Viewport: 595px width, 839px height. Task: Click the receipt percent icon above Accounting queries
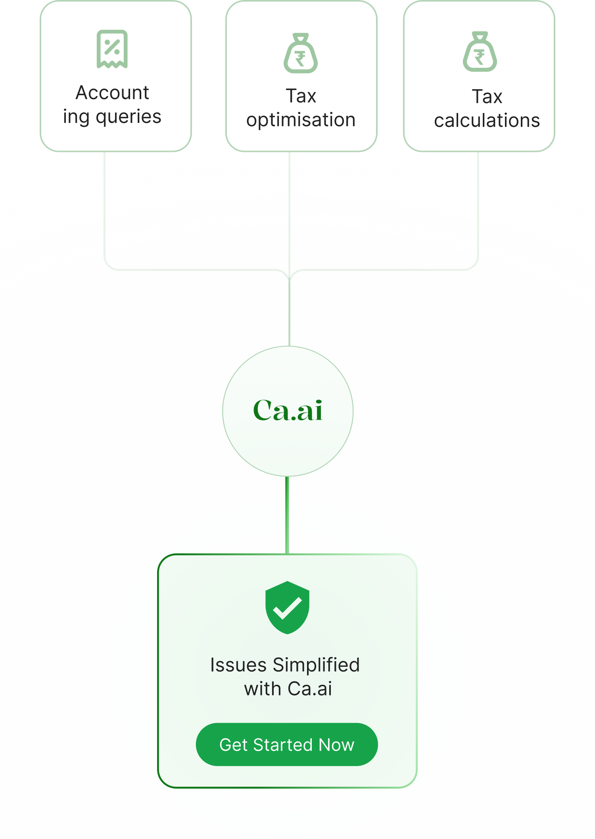(112, 49)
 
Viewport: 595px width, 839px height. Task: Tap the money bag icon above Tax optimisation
(301, 54)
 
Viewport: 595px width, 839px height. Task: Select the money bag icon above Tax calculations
(480, 52)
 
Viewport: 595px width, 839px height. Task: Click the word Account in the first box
(112, 93)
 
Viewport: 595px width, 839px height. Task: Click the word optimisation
(301, 120)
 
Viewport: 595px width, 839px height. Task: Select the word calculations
(487, 121)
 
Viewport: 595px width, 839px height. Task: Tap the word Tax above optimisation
(301, 96)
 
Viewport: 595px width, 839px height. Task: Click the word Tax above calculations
(487, 97)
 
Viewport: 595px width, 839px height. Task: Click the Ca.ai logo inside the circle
(288, 411)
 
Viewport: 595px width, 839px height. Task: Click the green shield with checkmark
(287, 607)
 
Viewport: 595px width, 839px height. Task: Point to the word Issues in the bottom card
(238, 665)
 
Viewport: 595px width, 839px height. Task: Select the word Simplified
(316, 665)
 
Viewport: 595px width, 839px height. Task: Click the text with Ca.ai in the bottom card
(288, 689)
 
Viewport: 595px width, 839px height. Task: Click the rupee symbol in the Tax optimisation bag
(300, 59)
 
